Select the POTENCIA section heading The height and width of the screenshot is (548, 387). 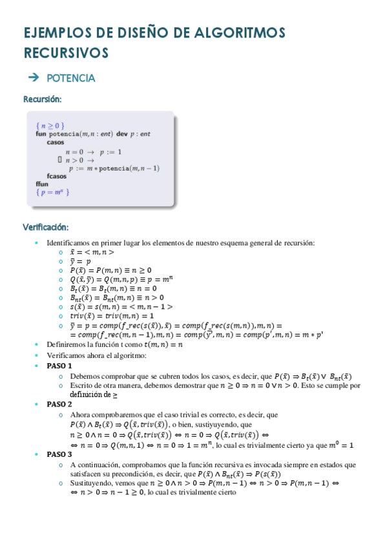[71, 78]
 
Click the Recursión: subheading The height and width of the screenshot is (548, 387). [42, 100]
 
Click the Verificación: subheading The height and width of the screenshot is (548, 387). [46, 227]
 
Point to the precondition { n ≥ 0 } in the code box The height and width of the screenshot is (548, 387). [50, 125]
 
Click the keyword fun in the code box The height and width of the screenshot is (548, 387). [41, 134]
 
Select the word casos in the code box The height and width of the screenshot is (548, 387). [55, 142]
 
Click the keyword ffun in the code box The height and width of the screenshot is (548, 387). [42, 184]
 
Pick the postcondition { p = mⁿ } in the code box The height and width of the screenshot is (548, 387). [52, 192]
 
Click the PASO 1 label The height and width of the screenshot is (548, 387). [59, 366]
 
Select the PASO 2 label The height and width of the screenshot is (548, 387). [59, 404]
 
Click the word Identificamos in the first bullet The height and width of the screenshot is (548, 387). [68, 242]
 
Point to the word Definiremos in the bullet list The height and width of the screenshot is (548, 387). [65, 344]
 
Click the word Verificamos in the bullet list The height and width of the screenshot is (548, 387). [66, 355]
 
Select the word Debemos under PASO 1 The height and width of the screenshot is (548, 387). [84, 376]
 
